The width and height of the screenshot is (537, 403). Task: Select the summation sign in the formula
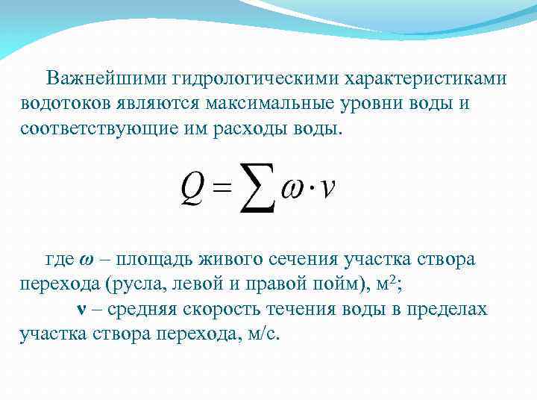(x=257, y=186)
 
